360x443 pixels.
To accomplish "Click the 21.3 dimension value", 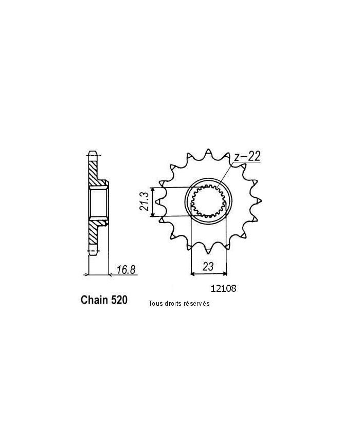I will coord(145,202).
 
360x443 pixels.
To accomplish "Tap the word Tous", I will coord(155,304).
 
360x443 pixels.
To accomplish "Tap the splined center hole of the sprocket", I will coord(208,202).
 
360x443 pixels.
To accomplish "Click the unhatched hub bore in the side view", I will coord(99,202).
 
